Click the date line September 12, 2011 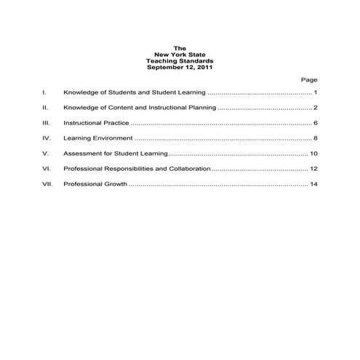[180, 67]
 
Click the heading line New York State [180, 55]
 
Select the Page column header [308, 79]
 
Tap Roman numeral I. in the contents [44, 93]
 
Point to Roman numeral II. [45, 108]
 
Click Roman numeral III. [46, 124]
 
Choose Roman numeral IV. [46, 138]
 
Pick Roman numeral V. [45, 153]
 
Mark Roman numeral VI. [46, 169]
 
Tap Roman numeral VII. [47, 184]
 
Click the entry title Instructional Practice [91, 124]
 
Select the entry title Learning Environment [97, 138]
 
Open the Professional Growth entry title [95, 184]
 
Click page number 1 [316, 93]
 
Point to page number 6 [316, 124]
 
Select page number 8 [316, 138]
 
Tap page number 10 [313, 153]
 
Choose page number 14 [313, 184]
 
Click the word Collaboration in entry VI [189, 169]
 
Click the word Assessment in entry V [81, 153]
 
